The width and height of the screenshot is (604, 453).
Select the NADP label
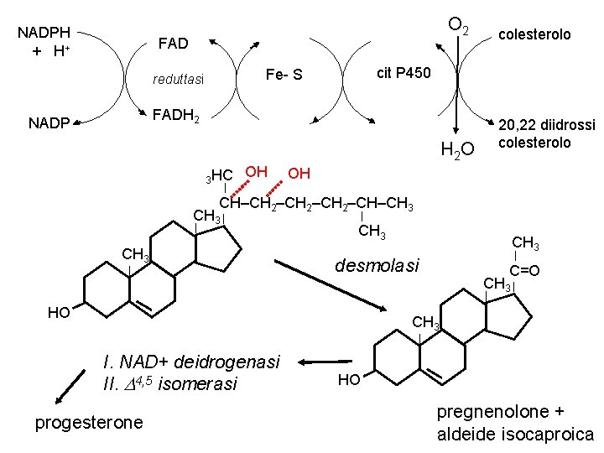click(48, 123)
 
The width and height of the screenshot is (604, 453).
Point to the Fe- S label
click(284, 75)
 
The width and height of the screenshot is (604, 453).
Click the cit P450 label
click(404, 73)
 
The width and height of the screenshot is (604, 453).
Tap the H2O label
click(457, 149)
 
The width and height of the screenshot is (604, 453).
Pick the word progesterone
click(89, 422)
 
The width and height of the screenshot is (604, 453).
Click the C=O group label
click(524, 270)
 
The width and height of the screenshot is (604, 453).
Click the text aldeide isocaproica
click(515, 434)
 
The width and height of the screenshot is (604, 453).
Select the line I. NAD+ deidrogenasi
click(190, 362)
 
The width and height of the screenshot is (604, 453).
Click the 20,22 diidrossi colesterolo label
click(546, 134)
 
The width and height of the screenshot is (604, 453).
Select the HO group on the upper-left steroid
click(59, 313)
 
